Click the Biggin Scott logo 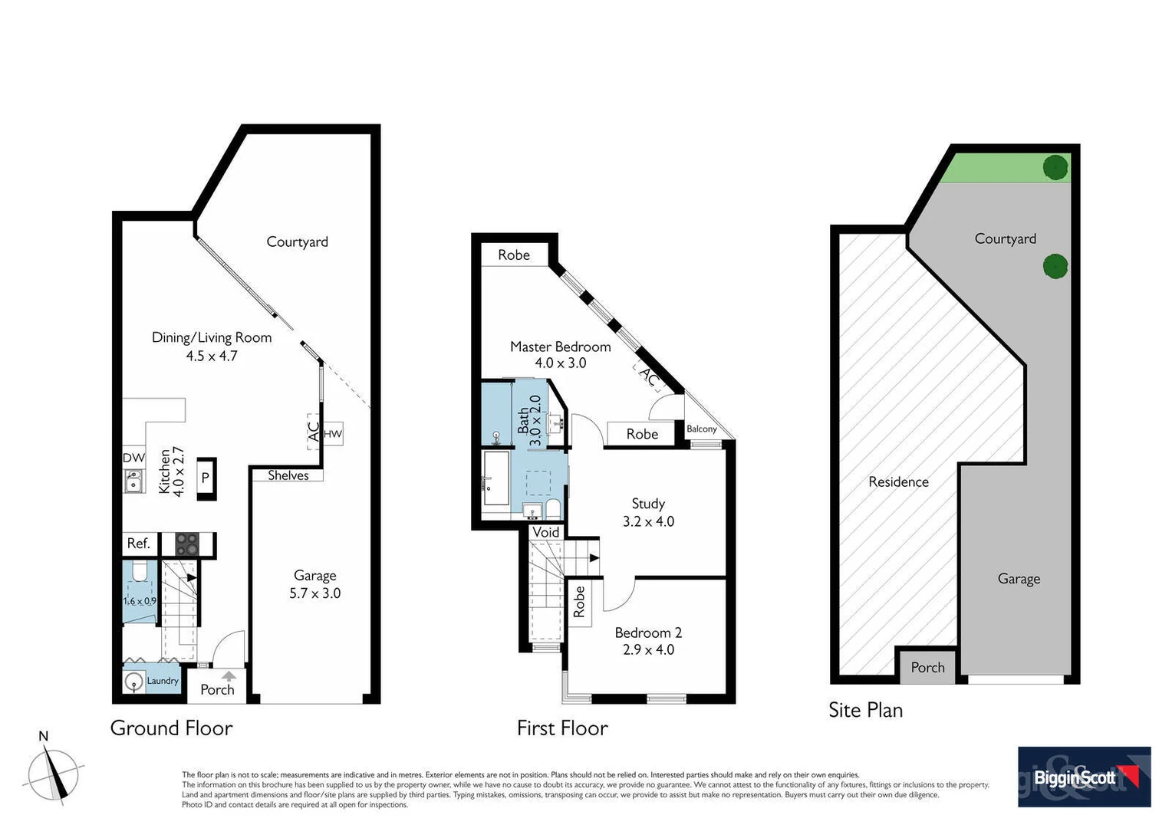(1084, 777)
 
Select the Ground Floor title (171, 728)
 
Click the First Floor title (562, 728)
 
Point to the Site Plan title (865, 710)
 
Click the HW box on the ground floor (333, 434)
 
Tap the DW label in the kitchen (133, 458)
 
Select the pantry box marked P (206, 478)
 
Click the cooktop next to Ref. (187, 544)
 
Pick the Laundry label (163, 681)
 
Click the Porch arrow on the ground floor (229, 675)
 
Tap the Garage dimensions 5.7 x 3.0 (314, 593)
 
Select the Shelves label (288, 475)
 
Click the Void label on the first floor (545, 532)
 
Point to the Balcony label (702, 429)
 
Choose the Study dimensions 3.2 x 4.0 (648, 521)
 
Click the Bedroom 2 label (648, 632)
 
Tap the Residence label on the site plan (898, 481)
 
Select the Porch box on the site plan (927, 667)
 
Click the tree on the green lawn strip (1055, 166)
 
